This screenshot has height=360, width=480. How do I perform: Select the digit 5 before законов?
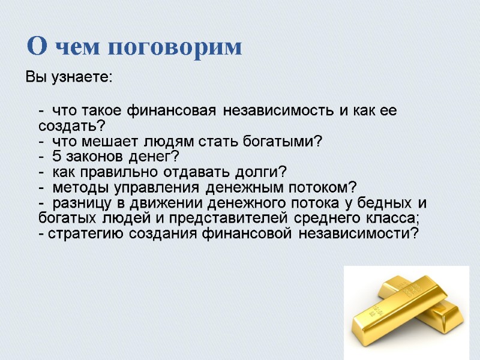[56, 158]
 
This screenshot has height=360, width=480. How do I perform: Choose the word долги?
[263, 173]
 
